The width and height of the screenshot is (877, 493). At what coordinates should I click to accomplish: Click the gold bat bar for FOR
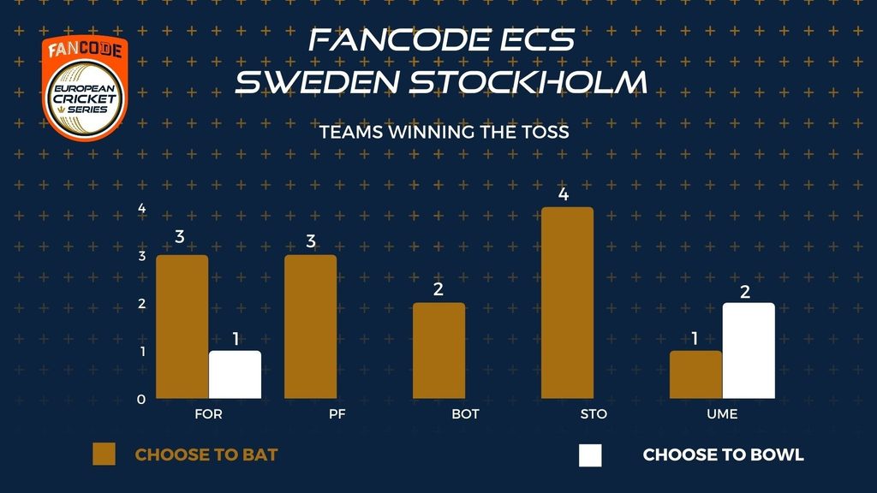point(182,327)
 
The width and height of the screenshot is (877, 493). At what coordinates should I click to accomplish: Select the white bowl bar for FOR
point(235,375)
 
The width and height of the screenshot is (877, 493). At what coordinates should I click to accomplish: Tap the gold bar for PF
point(310,327)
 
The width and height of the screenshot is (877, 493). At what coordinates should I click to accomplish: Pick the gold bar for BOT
point(439,351)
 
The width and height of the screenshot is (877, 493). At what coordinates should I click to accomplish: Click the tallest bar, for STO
point(567,303)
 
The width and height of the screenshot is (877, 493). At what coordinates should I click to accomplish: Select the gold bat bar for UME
point(695,375)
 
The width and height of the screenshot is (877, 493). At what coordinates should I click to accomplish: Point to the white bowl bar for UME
point(749,351)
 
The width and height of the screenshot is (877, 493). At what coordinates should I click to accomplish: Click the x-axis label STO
point(594,414)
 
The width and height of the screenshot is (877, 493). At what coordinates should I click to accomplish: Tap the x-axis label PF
point(337,414)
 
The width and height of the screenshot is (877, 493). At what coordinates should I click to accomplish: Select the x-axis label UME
point(722,414)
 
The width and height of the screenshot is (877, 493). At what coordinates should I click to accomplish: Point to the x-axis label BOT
point(465,414)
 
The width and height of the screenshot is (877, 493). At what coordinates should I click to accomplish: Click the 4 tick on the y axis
point(142,209)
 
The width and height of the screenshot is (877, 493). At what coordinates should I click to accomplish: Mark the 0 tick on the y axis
point(141,399)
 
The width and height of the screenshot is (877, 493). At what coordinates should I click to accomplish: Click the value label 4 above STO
point(564,194)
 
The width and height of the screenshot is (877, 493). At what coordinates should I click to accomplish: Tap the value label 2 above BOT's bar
point(438,289)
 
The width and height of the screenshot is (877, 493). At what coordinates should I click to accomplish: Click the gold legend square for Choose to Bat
point(104,454)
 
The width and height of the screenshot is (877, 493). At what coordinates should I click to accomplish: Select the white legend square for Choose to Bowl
point(591,455)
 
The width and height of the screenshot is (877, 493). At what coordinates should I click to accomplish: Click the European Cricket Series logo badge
point(85,88)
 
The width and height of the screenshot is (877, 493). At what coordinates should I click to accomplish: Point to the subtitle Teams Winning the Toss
point(444,132)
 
